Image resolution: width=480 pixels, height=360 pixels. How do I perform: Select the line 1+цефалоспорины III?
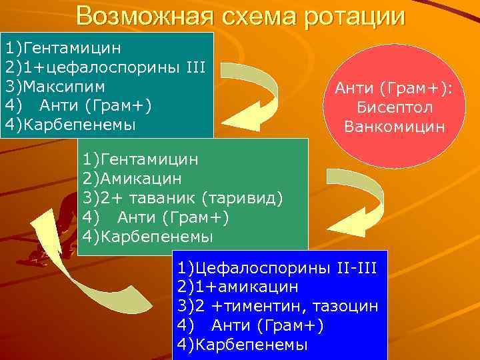pos(114,67)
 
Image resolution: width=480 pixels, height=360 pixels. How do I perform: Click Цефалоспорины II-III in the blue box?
pos(286,268)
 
